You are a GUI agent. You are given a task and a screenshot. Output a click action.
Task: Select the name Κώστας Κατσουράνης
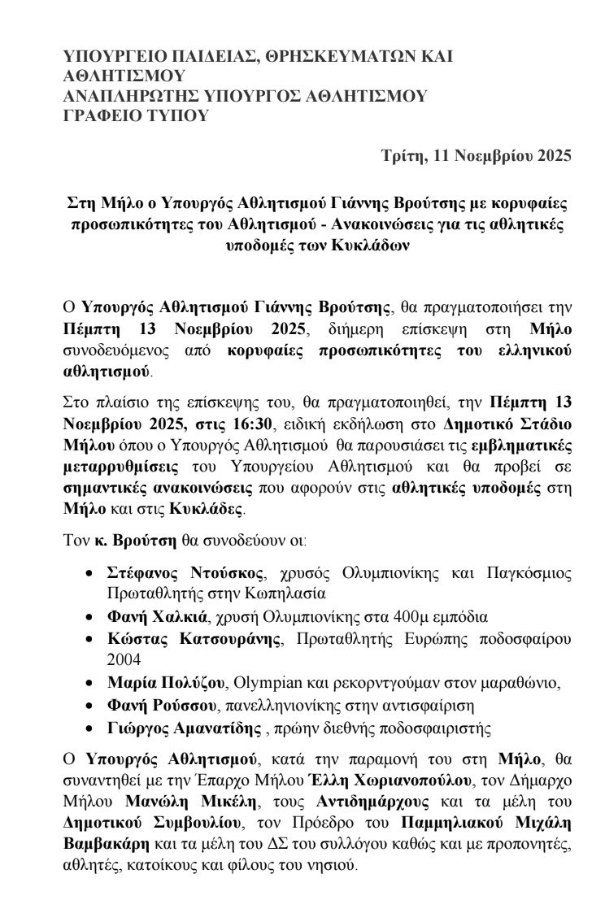[194, 637]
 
